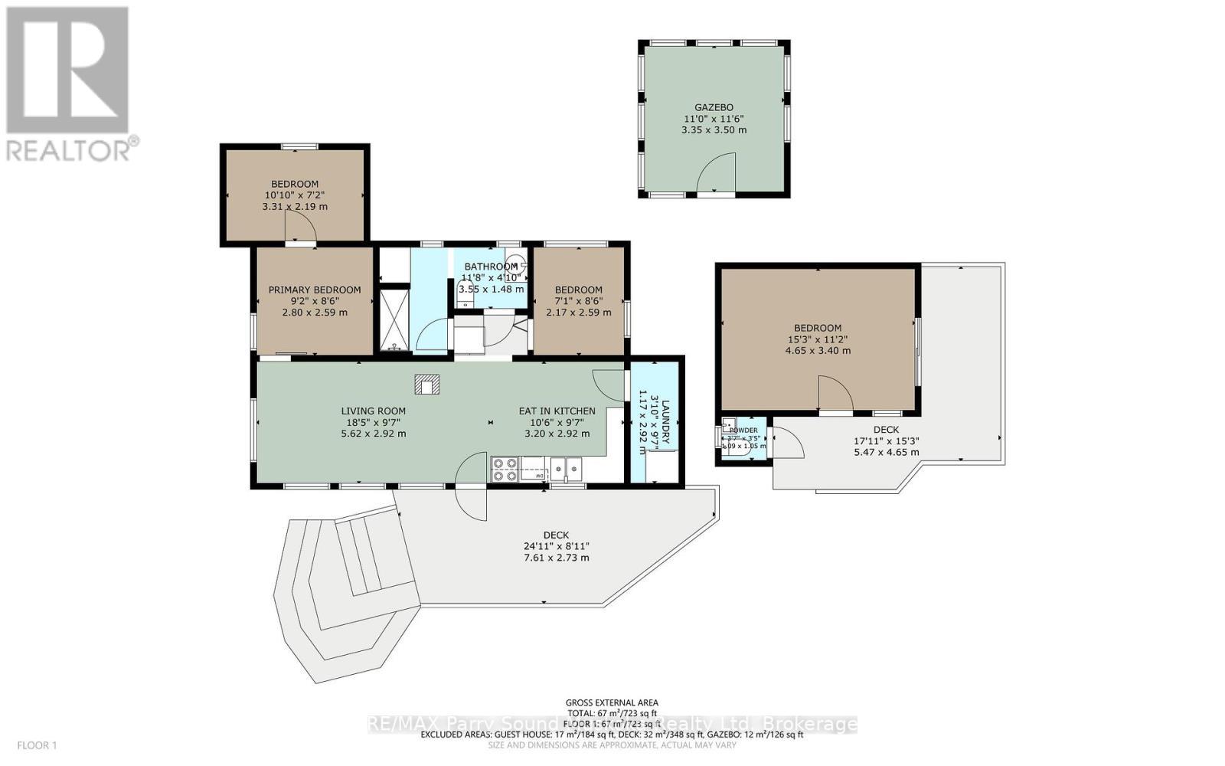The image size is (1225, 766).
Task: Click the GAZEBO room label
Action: [x=714, y=107]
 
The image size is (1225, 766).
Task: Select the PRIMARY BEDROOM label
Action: [x=314, y=290]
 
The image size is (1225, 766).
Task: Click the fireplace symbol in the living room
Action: [x=426, y=385]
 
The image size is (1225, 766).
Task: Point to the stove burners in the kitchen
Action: [x=504, y=469]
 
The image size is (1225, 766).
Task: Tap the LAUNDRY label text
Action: [x=665, y=421]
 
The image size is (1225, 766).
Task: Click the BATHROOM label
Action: [x=490, y=267]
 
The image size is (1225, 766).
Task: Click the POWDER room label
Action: [x=743, y=430]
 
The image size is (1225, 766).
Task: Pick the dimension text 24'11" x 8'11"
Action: [x=556, y=546]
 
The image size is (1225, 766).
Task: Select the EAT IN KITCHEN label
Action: [x=557, y=411]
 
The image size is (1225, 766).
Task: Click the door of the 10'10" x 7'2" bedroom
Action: [x=299, y=227]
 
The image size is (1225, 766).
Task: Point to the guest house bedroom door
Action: [x=835, y=394]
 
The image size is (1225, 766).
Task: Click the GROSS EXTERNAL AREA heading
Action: [x=611, y=702]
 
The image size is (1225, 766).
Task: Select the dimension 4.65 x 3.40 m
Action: [x=817, y=351]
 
